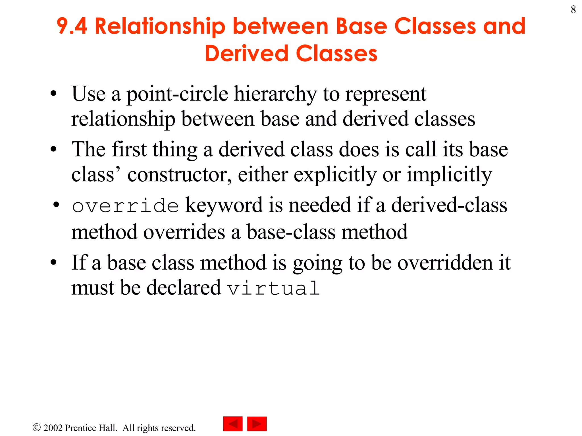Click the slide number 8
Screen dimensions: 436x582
[573, 10]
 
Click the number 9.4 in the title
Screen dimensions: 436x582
[72, 26]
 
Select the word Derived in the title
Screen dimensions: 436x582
[246, 54]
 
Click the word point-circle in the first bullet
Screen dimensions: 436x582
[177, 94]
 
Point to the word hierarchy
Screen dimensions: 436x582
[275, 95]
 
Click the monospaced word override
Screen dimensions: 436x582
[125, 206]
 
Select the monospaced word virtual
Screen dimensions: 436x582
[274, 288]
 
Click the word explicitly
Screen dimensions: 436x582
[335, 175]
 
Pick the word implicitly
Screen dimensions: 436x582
[449, 175]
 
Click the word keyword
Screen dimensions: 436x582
[224, 206]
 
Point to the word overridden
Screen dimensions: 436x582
[445, 263]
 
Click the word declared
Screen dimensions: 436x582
[184, 288]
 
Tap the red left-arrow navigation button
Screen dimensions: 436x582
[233, 424]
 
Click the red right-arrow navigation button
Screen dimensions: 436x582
[257, 424]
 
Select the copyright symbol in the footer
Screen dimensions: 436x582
[37, 427]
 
